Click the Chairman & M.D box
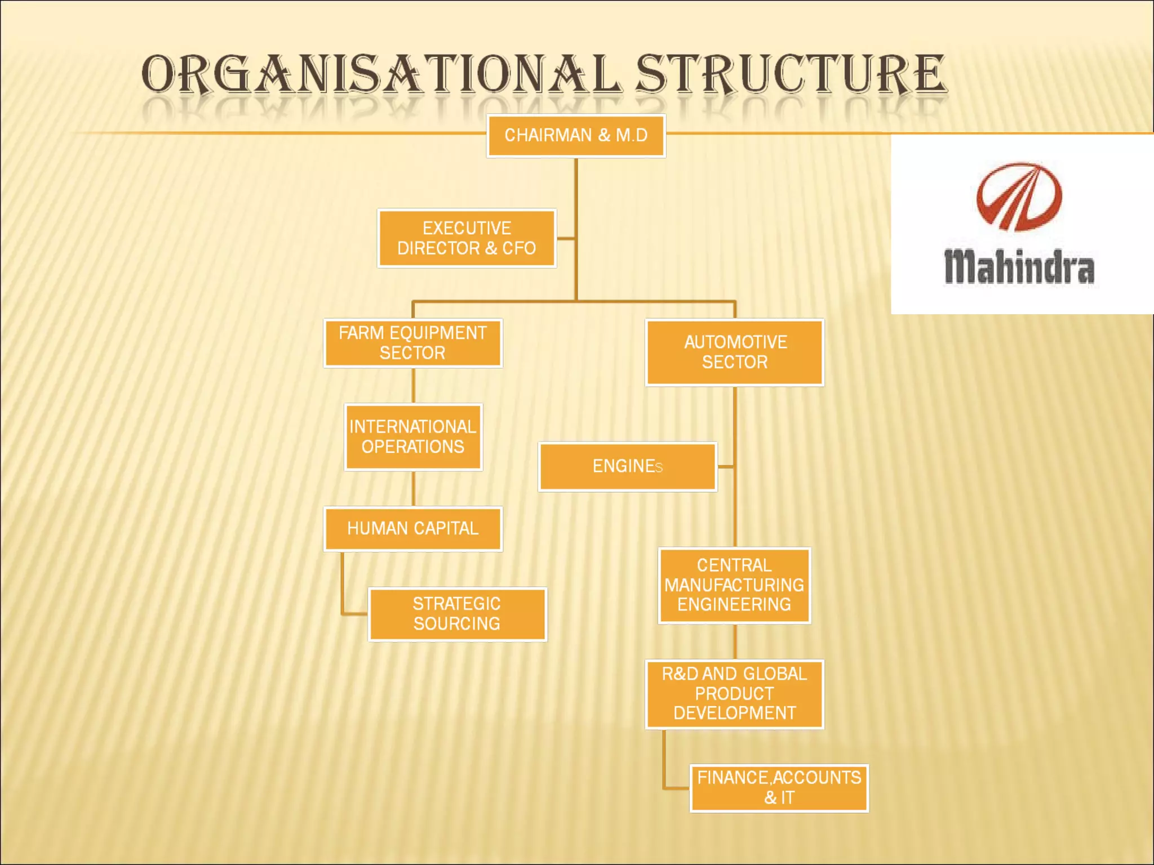[x=576, y=136]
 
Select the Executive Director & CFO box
[x=467, y=238]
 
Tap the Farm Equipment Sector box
[x=412, y=343]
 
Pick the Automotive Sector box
[x=735, y=352]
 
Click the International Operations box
[x=413, y=437]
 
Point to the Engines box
[x=627, y=466]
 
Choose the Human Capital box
[x=412, y=528]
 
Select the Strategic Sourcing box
[x=457, y=614]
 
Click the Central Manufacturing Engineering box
[x=734, y=585]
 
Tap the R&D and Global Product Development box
[x=734, y=694]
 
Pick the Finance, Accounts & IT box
[x=779, y=788]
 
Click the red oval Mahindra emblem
[x=1019, y=197]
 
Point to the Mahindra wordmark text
[x=1019, y=267]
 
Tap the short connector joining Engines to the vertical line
[x=726, y=467]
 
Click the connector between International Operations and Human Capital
[x=414, y=489]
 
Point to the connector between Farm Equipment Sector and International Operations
[x=414, y=386]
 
